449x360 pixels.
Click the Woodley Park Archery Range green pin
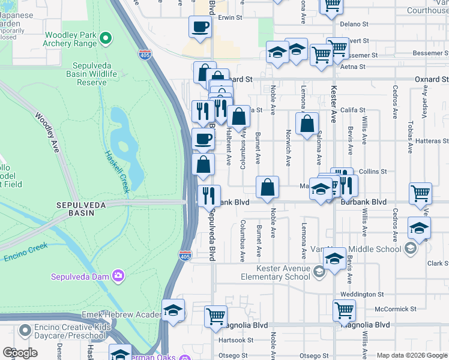click(x=106, y=38)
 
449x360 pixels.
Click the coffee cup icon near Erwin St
click(x=200, y=27)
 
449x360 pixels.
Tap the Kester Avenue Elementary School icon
click(x=318, y=273)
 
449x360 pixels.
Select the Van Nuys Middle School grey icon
click(x=411, y=248)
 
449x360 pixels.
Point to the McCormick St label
click(x=379, y=309)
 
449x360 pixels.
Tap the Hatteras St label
click(x=432, y=141)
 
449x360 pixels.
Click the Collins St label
click(x=373, y=172)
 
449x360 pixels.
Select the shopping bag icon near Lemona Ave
click(x=307, y=124)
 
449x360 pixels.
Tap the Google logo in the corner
click(x=20, y=353)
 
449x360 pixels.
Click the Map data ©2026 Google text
click(x=412, y=355)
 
